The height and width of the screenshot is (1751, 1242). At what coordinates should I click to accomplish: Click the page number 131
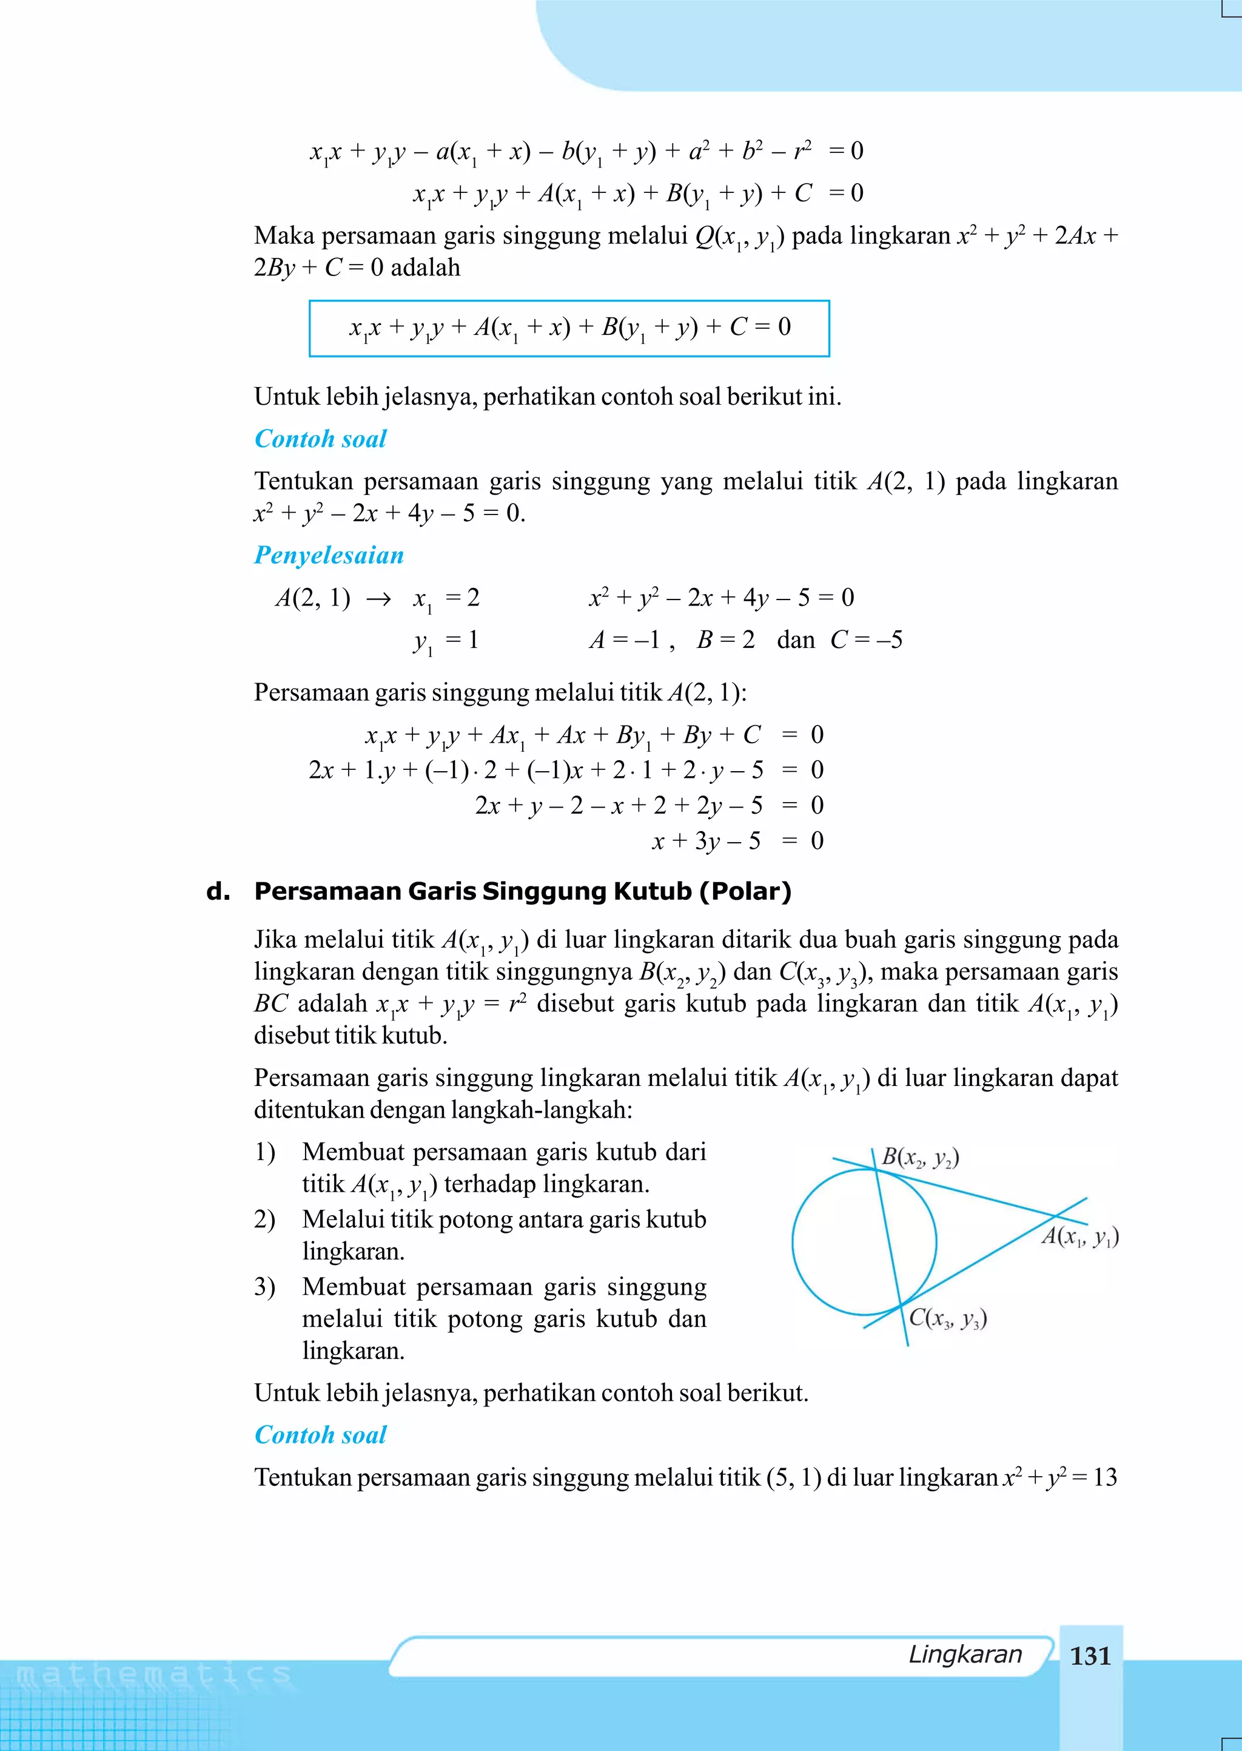coord(1090,1656)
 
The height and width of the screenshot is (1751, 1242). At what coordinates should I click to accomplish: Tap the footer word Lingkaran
coord(964,1655)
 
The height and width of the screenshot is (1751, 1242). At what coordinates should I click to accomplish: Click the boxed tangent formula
coord(569,328)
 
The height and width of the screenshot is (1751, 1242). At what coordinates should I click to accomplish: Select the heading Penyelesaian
coord(329,555)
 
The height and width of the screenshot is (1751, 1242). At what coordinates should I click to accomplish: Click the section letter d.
coord(218,891)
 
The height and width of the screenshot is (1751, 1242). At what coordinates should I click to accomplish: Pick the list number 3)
coord(264,1287)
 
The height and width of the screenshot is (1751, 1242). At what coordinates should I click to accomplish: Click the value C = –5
coord(866,639)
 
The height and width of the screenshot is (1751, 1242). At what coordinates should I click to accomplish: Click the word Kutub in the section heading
coord(653,891)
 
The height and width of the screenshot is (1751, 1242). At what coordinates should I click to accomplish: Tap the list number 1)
coord(264,1152)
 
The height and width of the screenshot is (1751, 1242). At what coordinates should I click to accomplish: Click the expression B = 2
coord(725,639)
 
